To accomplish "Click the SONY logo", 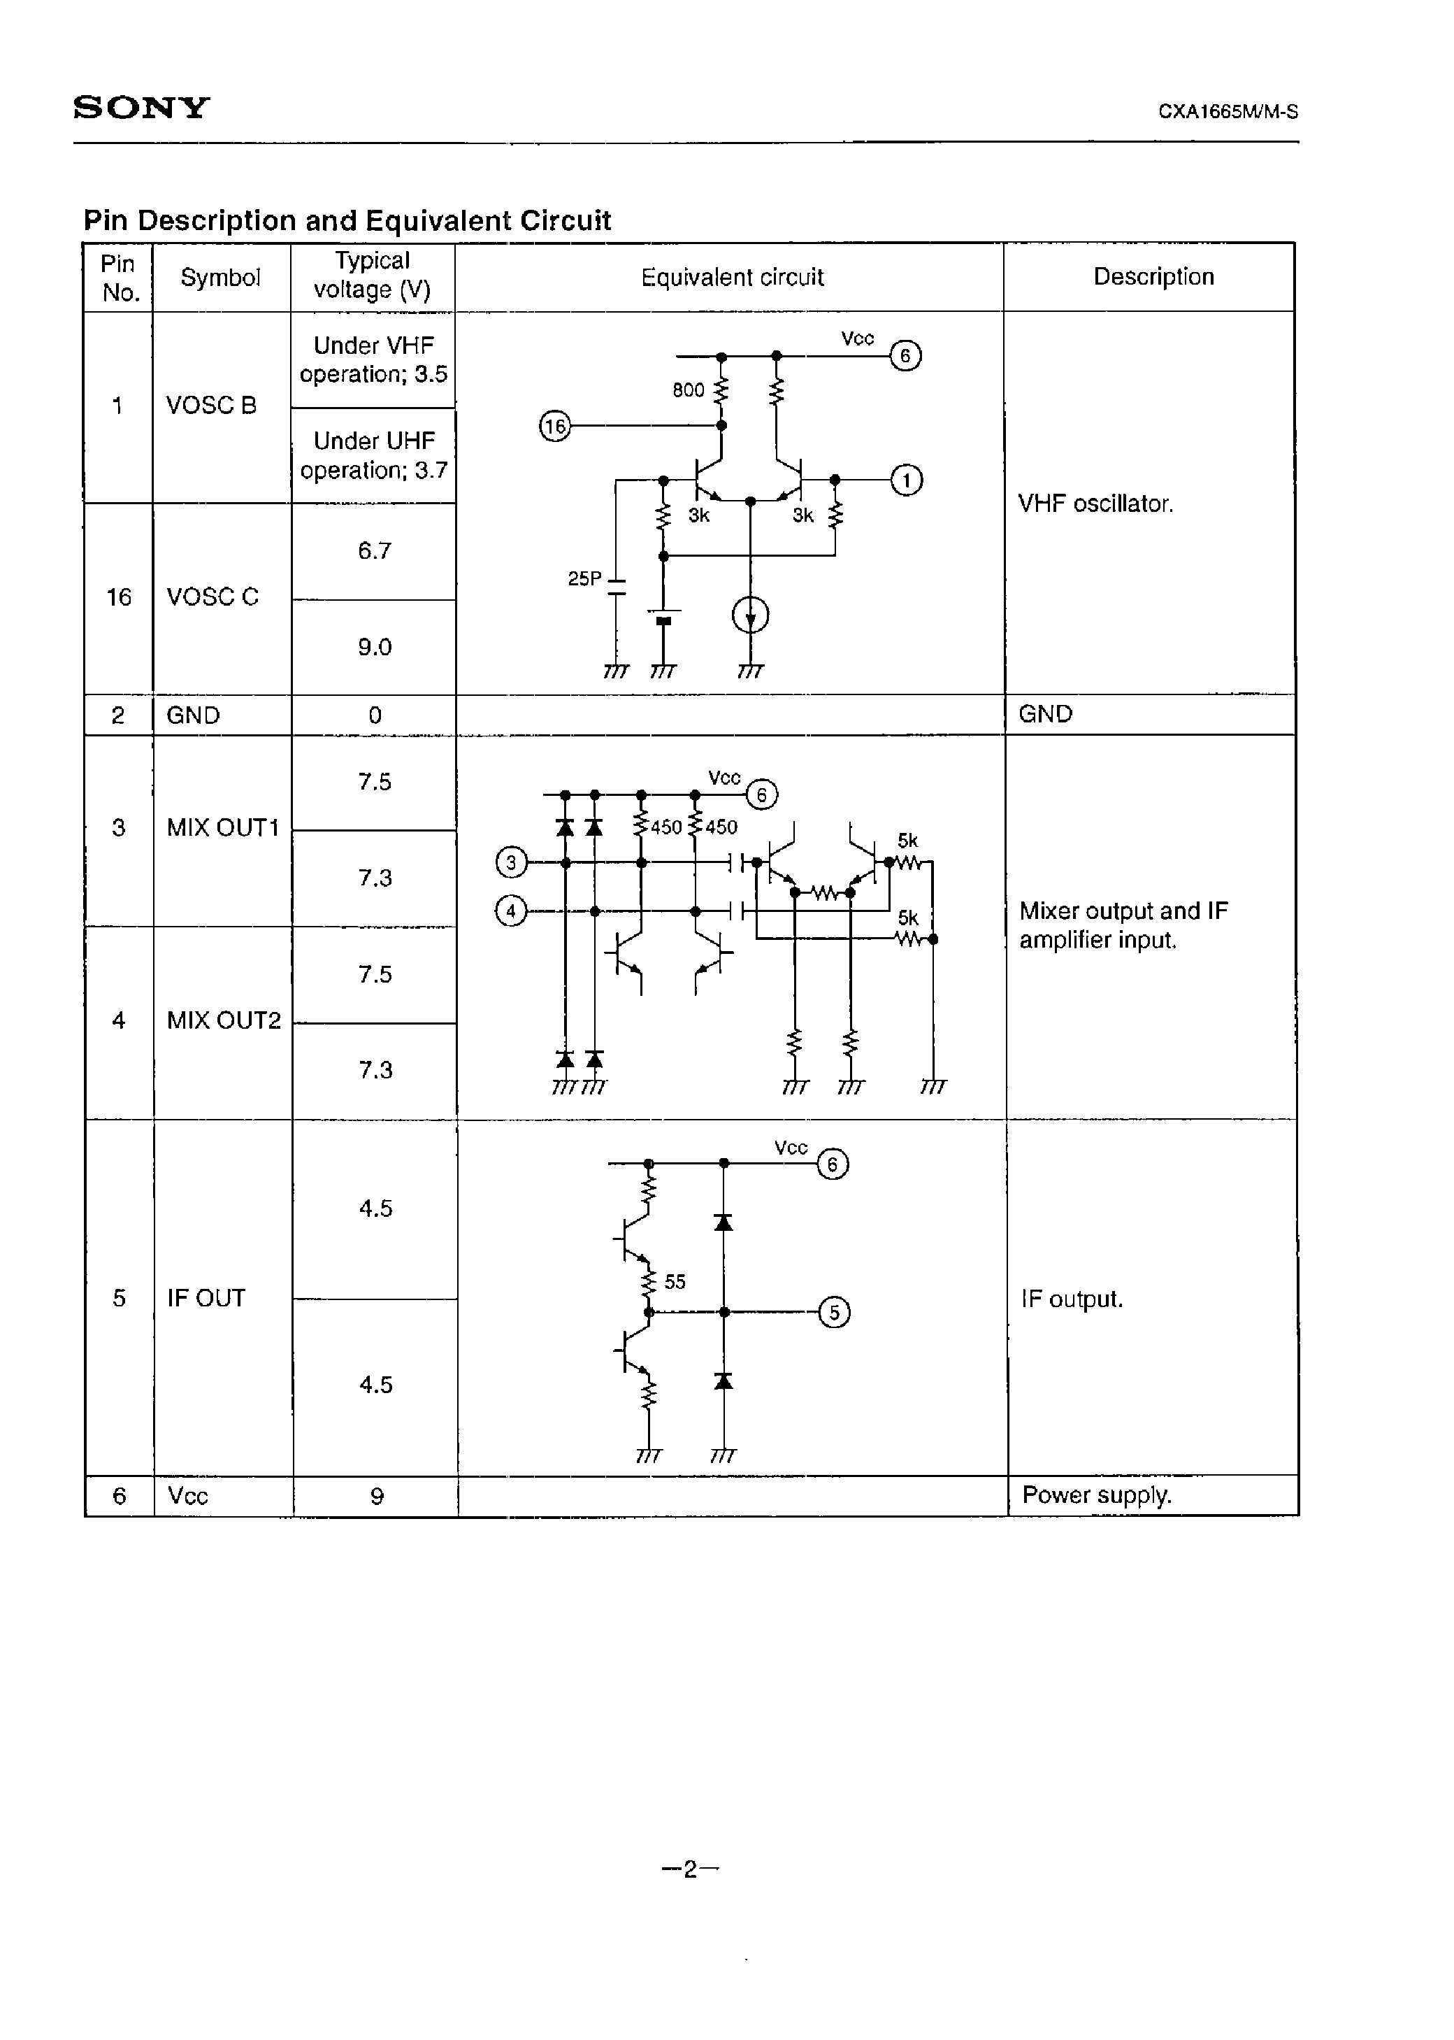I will tap(141, 108).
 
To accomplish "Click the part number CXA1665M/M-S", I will tap(1228, 112).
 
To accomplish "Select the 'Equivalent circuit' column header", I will tap(731, 278).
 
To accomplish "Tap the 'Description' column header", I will tap(1153, 277).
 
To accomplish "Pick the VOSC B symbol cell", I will tap(211, 406).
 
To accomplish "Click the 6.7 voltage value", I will tap(374, 551).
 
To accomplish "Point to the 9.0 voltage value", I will tap(374, 647).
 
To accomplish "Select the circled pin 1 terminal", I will tap(906, 481).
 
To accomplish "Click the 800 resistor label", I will tap(688, 390).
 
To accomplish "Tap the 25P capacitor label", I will tap(584, 579).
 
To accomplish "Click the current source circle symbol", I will tap(750, 615).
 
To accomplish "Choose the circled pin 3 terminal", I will tap(511, 863).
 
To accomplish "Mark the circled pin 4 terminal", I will tap(511, 912).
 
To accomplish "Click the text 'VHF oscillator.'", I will tap(1095, 504).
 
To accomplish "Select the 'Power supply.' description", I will tap(1097, 1495).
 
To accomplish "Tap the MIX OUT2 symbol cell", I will tap(223, 1021).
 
